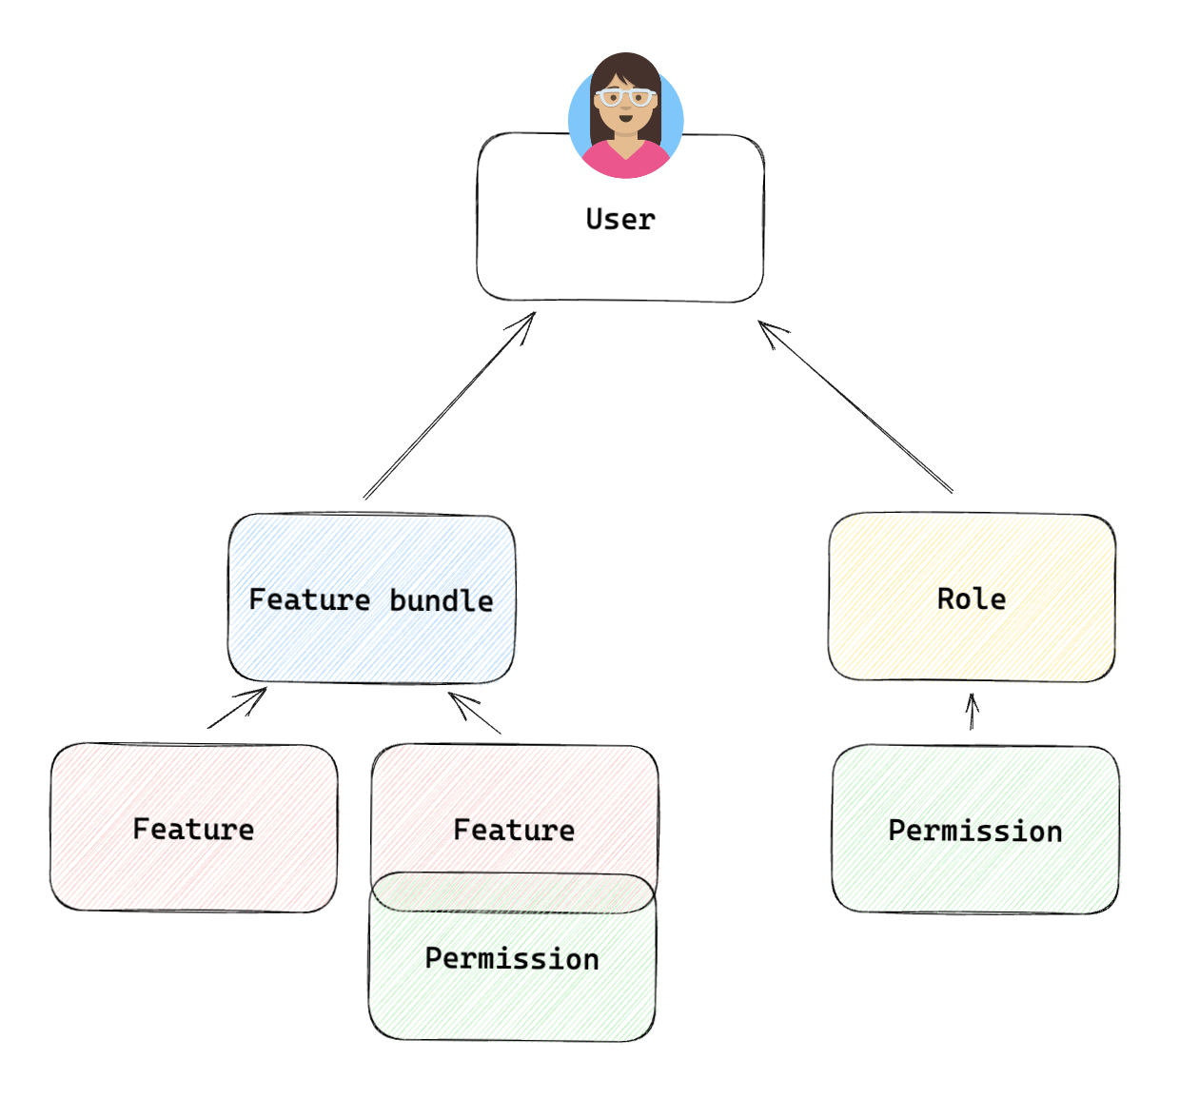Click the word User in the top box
point(620,220)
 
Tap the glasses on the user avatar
point(625,97)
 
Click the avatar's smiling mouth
point(625,119)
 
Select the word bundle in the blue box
point(442,600)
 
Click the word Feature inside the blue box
point(309,599)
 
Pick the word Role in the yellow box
point(972,598)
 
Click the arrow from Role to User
point(856,407)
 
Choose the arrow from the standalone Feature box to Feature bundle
point(236,708)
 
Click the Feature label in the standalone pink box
point(193,829)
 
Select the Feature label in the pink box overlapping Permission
point(514,830)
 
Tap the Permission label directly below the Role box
point(975,831)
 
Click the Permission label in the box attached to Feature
point(512,958)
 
